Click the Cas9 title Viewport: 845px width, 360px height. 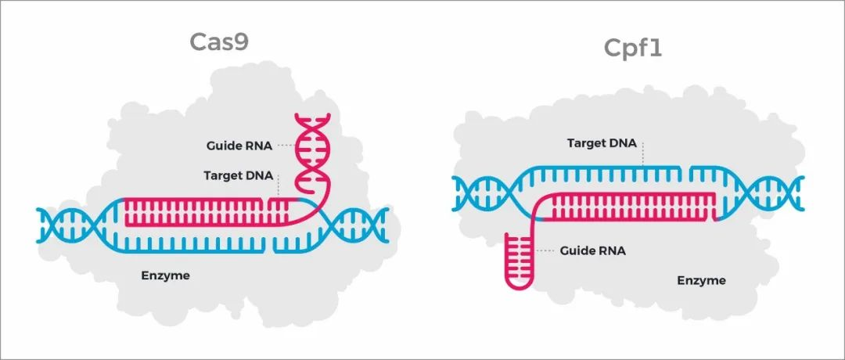(219, 41)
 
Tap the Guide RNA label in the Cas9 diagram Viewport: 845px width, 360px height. (238, 146)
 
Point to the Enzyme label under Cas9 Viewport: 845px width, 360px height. (165, 275)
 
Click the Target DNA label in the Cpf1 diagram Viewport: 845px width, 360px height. (602, 143)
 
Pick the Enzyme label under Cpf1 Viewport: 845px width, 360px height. (701, 280)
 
